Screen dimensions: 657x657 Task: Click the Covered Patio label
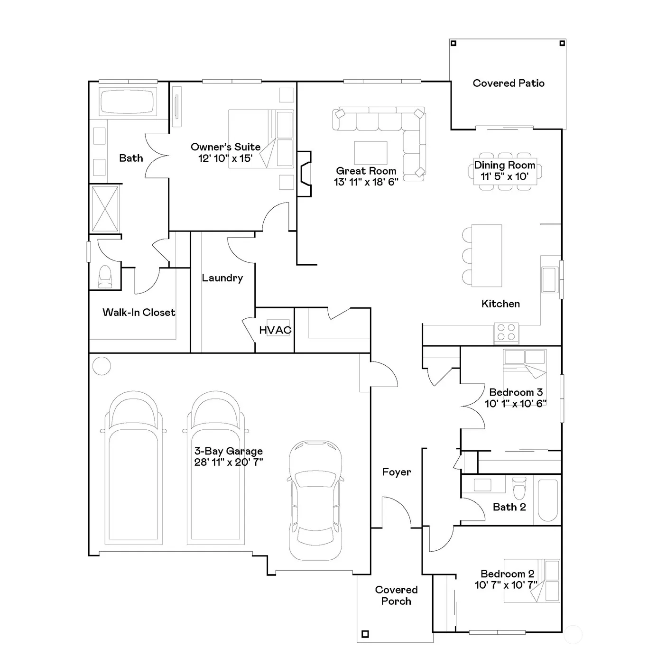pos(509,83)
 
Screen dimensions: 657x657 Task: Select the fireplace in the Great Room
pos(304,174)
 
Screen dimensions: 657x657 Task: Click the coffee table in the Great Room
pos(370,153)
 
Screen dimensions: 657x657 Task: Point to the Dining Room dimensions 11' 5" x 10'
pos(504,176)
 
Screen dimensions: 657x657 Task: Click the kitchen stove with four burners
pos(506,333)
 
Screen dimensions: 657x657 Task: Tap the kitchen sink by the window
pos(550,280)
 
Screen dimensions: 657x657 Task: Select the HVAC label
pos(275,330)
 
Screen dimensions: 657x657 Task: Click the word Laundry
pos(222,278)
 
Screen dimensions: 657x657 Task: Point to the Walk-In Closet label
pos(139,312)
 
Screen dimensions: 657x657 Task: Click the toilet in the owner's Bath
pos(105,277)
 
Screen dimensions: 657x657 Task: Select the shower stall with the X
pos(105,209)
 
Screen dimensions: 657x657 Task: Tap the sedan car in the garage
pos(315,500)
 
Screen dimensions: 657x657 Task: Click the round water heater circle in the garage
pos(101,366)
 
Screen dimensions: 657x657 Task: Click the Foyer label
pos(397,472)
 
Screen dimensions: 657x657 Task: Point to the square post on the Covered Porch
pos(365,634)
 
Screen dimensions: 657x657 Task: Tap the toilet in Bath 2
pos(519,487)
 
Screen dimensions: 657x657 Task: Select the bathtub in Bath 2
pos(547,500)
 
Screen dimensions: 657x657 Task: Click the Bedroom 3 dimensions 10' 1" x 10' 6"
pos(516,404)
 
